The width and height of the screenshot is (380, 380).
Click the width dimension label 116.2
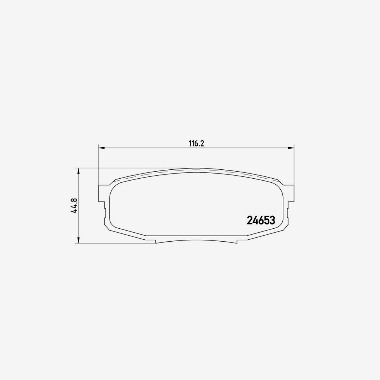tap(196, 143)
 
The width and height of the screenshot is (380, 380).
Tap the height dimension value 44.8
tap(74, 206)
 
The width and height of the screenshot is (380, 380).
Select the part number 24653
tap(260, 220)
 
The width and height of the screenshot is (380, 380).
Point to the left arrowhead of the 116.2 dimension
tap(101, 148)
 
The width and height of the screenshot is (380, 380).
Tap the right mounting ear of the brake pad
tap(291, 193)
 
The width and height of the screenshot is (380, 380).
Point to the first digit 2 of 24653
tap(249, 220)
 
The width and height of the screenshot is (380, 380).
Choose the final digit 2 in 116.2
tap(201, 143)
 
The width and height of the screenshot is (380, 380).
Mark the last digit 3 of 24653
tap(271, 220)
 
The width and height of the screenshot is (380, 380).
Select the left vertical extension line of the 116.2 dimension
tap(99, 165)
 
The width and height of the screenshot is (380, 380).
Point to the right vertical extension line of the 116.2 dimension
tap(294, 165)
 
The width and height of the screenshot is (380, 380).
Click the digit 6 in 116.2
tap(195, 143)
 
